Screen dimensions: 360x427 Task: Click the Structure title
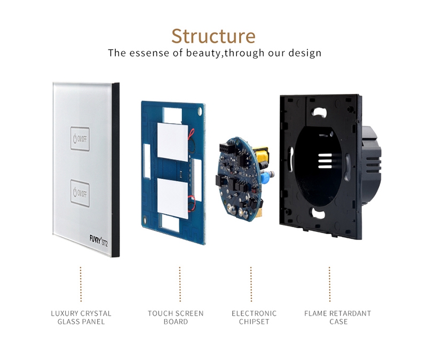(x=213, y=36)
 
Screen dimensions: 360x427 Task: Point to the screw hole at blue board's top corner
(x=200, y=111)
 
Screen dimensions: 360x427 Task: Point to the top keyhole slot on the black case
(x=319, y=113)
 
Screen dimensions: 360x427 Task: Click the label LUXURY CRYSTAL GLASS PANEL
(x=81, y=317)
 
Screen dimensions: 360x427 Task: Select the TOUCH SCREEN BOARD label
(x=176, y=317)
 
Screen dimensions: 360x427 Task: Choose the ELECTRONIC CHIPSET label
(x=254, y=317)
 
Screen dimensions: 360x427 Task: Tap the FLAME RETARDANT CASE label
(x=337, y=317)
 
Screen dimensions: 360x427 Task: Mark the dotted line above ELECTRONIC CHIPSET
(x=251, y=284)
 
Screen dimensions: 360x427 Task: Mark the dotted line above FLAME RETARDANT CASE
(x=329, y=284)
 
